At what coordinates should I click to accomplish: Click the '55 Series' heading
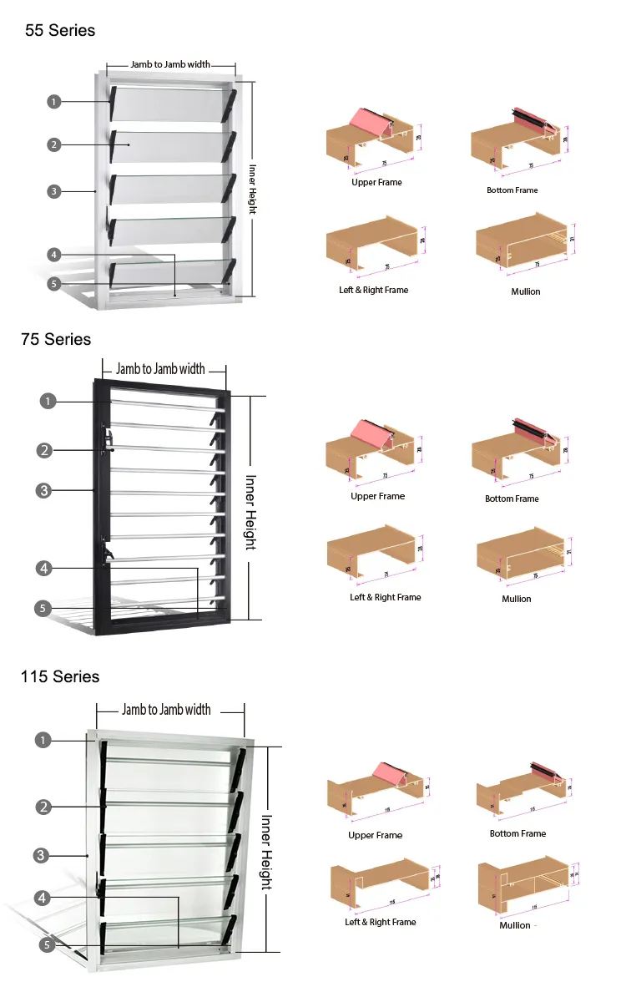click(60, 31)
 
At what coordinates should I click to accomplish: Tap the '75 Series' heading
click(56, 340)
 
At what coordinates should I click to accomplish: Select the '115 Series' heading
click(60, 676)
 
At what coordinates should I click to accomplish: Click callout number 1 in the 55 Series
click(53, 102)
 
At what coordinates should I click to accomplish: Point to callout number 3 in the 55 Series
click(53, 191)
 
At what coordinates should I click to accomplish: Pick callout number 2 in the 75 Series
click(45, 450)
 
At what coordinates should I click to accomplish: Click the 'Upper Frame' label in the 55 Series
click(376, 182)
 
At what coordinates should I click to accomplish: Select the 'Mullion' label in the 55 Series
click(526, 291)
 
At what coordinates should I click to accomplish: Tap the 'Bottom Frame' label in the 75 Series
click(512, 499)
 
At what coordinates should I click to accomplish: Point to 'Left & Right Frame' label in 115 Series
click(380, 922)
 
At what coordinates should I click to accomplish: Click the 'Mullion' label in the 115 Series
click(515, 925)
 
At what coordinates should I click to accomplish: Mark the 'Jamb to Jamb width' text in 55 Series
click(170, 64)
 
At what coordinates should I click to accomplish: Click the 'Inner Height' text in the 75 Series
click(250, 512)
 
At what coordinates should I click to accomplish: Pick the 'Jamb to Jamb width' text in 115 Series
click(166, 710)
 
